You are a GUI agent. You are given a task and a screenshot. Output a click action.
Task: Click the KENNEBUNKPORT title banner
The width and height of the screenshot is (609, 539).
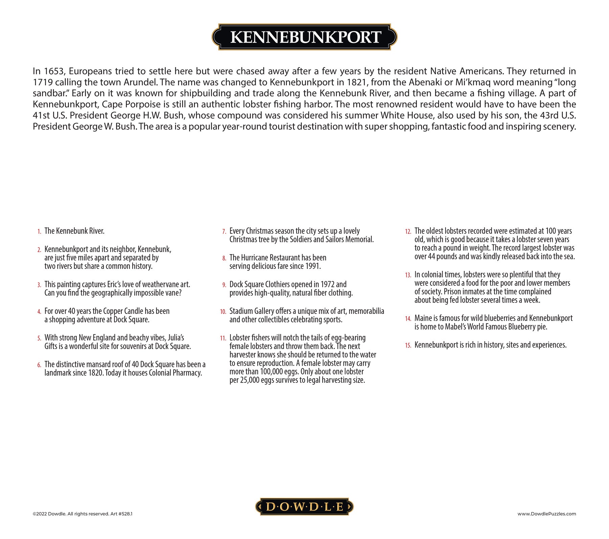[x=304, y=37]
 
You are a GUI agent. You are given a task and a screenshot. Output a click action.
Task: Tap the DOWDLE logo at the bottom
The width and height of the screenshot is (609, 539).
[x=304, y=506]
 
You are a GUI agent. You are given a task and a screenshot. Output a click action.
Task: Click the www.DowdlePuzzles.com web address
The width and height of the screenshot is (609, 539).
[x=546, y=514]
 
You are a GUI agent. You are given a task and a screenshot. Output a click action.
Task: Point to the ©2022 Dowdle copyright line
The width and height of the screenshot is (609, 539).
[x=82, y=514]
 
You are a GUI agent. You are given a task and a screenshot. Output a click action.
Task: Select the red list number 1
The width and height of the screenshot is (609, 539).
[x=40, y=232]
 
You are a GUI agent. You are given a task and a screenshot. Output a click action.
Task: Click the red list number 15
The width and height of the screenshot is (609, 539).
[x=408, y=346]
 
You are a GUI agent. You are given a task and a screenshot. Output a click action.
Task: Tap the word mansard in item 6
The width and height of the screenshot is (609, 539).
[x=98, y=364]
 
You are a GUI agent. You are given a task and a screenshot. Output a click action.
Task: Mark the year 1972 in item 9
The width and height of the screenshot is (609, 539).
[x=327, y=284]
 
